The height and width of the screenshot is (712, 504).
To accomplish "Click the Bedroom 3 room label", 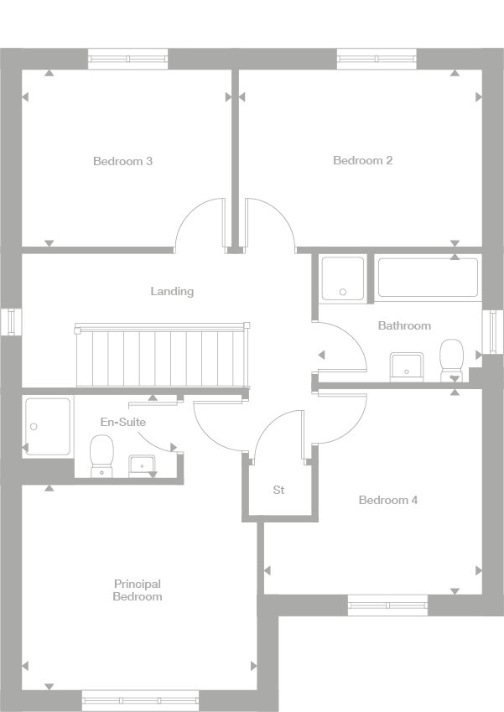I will click(x=122, y=161).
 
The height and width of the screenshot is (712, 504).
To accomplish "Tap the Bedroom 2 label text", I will click(x=362, y=160).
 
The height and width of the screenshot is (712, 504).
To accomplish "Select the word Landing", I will click(x=172, y=292).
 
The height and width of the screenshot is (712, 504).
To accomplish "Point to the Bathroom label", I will click(x=403, y=325).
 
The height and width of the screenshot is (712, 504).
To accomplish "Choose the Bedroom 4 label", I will click(x=387, y=501).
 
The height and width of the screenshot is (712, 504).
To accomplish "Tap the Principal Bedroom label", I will click(x=138, y=590).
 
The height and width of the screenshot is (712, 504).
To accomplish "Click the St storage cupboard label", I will click(x=278, y=490).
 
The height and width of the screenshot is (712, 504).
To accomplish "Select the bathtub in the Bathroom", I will click(x=428, y=278).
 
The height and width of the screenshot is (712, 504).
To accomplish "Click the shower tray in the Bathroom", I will click(x=343, y=278).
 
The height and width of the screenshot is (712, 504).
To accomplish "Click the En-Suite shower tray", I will click(x=48, y=427).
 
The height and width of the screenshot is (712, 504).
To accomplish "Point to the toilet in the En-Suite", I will click(x=101, y=456).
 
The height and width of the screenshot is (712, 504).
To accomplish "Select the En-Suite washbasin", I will click(x=141, y=465).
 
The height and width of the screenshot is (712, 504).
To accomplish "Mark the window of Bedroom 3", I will click(x=127, y=59).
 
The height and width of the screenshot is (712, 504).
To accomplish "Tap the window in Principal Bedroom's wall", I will click(x=140, y=699).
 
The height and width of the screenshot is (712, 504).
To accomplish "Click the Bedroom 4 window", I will click(x=387, y=605).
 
